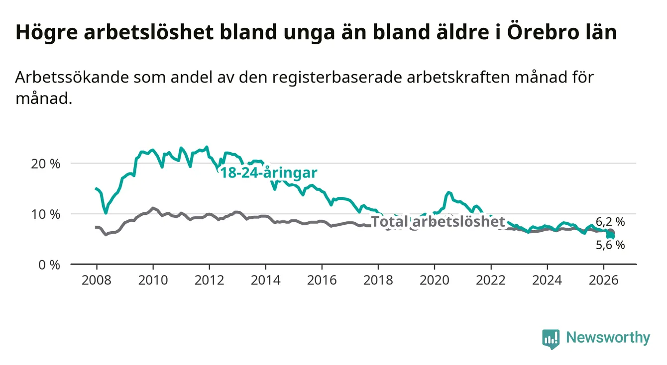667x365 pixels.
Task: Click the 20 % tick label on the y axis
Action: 46,164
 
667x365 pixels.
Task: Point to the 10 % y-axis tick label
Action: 46,214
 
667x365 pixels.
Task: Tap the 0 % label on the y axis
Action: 49,265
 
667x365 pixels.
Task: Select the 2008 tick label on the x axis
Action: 97,280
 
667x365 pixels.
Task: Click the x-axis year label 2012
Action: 210,280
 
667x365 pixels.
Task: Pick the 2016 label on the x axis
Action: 322,280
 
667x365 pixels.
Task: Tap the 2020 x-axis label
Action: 435,280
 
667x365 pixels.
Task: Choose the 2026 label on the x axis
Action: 604,280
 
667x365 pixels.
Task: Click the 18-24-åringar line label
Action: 269,173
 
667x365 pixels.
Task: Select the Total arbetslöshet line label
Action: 438,222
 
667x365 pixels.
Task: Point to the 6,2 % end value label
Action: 610,222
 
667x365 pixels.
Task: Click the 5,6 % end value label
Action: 610,245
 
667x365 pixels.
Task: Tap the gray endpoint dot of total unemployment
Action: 611,232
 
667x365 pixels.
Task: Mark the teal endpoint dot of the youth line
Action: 610,236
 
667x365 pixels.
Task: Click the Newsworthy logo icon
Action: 551,339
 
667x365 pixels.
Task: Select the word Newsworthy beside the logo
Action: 608,338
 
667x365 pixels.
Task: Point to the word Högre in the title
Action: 46,33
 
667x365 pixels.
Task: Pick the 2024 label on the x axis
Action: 547,280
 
